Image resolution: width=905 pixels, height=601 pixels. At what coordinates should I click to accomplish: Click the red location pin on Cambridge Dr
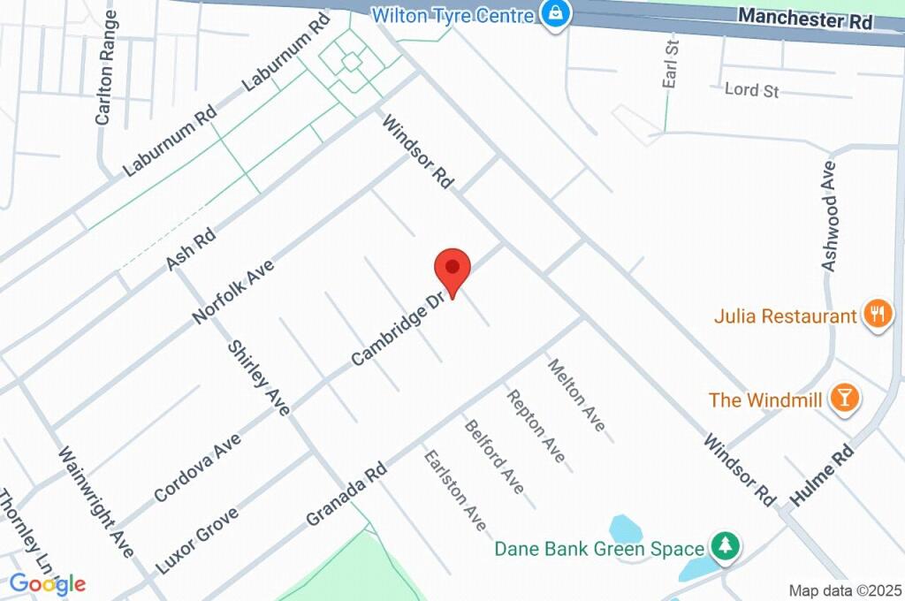pos(452,269)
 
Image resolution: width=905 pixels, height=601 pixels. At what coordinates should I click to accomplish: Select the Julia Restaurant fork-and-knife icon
pos(877,315)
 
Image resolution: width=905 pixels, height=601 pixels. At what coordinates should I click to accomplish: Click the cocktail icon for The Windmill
pos(844,399)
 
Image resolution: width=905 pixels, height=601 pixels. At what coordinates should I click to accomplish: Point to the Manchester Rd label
pos(804,18)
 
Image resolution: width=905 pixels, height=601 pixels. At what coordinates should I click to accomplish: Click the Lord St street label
pos(751,90)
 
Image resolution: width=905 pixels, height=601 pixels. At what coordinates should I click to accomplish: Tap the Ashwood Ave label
pos(829,215)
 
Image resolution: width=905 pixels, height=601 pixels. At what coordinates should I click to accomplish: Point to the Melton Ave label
pos(577,395)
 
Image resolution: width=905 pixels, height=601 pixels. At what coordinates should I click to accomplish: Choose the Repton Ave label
pos(536,424)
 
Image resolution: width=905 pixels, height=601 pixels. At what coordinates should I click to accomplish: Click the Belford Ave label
pos(495,456)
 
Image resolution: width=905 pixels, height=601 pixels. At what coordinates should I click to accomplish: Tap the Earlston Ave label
pos(455,491)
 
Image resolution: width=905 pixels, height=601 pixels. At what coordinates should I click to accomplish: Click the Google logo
pos(48,583)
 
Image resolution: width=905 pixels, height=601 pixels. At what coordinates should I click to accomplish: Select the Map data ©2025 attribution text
pos(845,590)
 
